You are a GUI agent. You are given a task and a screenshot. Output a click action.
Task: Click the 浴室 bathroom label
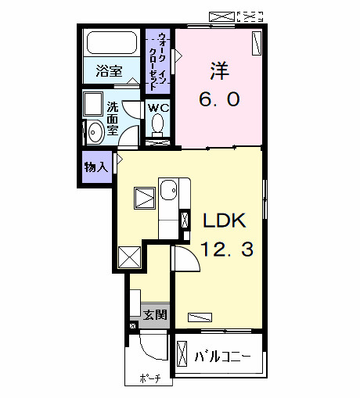click(x=109, y=71)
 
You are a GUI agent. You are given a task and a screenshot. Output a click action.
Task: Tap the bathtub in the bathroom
click(x=111, y=44)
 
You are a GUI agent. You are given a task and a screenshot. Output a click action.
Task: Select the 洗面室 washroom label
click(x=112, y=118)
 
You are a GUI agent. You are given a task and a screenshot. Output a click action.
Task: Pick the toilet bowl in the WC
click(x=159, y=123)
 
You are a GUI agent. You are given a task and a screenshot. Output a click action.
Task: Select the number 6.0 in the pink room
click(x=218, y=99)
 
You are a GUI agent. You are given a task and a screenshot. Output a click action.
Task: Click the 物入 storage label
click(x=96, y=167)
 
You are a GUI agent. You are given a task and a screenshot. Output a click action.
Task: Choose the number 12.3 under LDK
click(x=226, y=250)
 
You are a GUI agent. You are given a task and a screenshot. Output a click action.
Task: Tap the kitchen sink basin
click(x=169, y=189)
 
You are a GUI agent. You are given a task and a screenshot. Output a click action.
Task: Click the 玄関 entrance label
click(x=154, y=315)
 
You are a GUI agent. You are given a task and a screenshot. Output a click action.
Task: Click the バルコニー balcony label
click(x=222, y=357)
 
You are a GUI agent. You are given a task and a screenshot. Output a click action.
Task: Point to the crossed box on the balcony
click(x=182, y=357)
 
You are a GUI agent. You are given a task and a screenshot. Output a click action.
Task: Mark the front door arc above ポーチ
click(x=153, y=346)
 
